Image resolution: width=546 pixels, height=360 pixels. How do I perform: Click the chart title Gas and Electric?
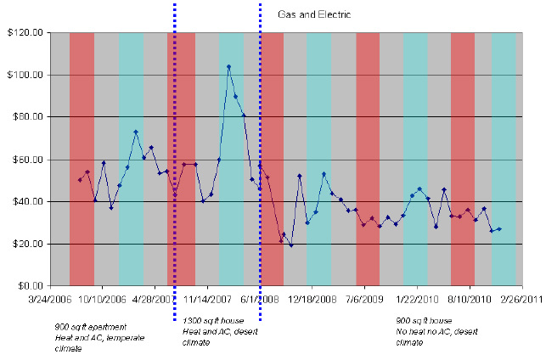(x=318, y=15)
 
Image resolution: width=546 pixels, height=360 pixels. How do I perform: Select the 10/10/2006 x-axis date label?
(x=103, y=299)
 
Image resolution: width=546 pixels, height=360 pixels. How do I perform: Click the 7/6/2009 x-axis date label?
(x=363, y=299)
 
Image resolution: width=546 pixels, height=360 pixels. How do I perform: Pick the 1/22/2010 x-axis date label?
(x=415, y=299)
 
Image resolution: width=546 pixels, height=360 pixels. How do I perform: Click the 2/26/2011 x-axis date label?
(x=520, y=299)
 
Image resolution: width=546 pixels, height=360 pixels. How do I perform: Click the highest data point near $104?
(x=228, y=66)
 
